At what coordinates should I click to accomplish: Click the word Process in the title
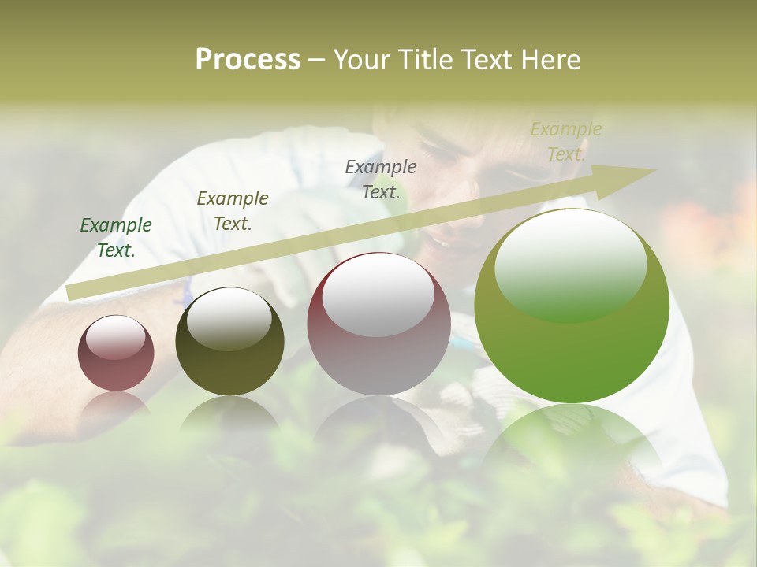[248, 60]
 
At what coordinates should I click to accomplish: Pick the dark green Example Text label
[116, 238]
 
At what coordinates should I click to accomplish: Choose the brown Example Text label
[233, 211]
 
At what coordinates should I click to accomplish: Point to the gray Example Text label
[381, 180]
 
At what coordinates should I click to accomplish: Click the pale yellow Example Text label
[566, 142]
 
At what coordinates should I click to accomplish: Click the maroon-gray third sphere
[378, 354]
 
